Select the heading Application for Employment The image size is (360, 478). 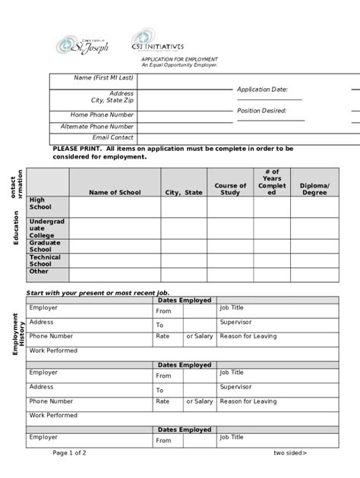pos(179,59)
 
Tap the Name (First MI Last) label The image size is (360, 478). pos(103,78)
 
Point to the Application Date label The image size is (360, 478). pos(262,90)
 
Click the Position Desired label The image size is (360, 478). pos(261,111)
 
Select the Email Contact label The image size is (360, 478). pos(112,137)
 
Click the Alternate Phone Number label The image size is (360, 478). pos(97,127)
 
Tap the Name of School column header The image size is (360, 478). pos(114,193)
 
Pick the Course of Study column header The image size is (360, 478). pos(230,189)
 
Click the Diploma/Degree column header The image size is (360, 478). pos(314,189)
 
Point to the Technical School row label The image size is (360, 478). pos(45,260)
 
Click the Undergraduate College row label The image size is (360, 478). pos(42,228)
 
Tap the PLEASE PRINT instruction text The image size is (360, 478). pos(172,153)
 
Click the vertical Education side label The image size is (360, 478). pos(16,228)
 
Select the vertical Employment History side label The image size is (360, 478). pos(17,334)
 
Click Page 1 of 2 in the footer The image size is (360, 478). pos(69,453)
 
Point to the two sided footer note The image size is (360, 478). pos(290,453)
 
